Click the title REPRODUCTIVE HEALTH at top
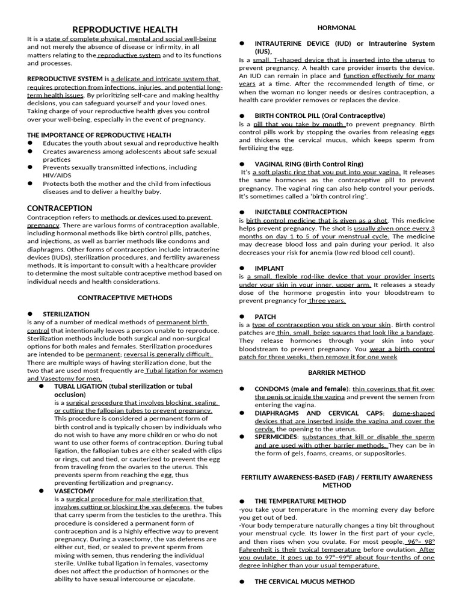[x=125, y=29]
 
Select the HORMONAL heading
[x=337, y=28]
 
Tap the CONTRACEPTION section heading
[x=60, y=208]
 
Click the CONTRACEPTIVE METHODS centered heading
[x=125, y=298]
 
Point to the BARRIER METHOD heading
[x=337, y=373]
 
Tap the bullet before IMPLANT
[x=242, y=268]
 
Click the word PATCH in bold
[x=265, y=316]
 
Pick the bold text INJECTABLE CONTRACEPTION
[x=301, y=212]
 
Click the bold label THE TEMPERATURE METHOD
[x=300, y=501]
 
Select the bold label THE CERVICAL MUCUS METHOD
[x=304, y=582]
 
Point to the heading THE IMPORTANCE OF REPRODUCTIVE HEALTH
[x=99, y=135]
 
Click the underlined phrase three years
[x=327, y=301]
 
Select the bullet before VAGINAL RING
[x=242, y=164]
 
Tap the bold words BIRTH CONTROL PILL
[x=287, y=115]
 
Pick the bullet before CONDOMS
[x=242, y=389]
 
